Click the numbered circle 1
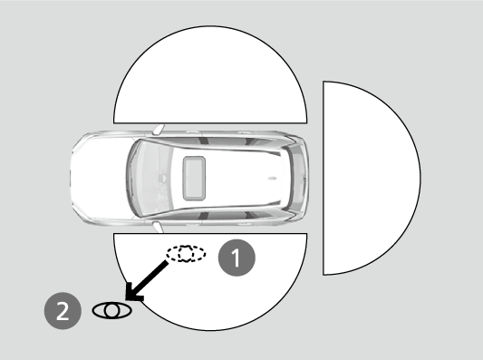click(238, 257)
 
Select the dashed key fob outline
click(186, 254)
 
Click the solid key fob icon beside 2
click(111, 310)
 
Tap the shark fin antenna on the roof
click(269, 177)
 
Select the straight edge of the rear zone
click(324, 177)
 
